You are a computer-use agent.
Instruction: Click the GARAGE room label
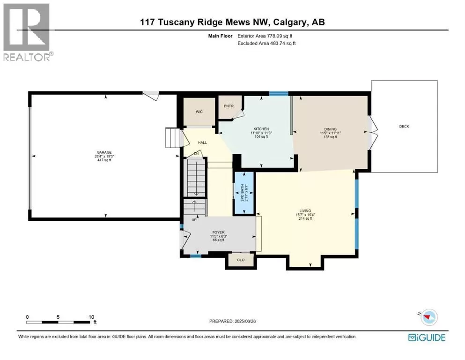(x=104, y=152)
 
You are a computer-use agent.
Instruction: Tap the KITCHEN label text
(x=261, y=129)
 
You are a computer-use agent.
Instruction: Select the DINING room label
(x=330, y=129)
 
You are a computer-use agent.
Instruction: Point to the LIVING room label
(x=305, y=211)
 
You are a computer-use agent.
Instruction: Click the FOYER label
(x=218, y=232)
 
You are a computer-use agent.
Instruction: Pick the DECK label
(x=404, y=127)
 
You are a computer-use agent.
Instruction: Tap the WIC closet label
(x=199, y=112)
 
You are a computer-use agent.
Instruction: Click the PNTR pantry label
(x=229, y=106)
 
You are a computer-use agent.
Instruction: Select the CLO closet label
(x=241, y=260)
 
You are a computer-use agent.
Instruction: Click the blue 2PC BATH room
(x=244, y=193)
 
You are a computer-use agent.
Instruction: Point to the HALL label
(x=203, y=142)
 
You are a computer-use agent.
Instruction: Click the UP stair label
(x=194, y=220)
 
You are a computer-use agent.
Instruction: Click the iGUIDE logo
(x=427, y=337)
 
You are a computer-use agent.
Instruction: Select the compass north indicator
(x=428, y=317)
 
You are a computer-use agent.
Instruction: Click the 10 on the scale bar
(x=91, y=317)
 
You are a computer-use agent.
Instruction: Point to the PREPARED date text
(x=232, y=321)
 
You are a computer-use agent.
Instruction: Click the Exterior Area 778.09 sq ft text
(x=265, y=36)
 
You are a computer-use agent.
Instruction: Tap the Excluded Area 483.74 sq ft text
(x=266, y=43)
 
